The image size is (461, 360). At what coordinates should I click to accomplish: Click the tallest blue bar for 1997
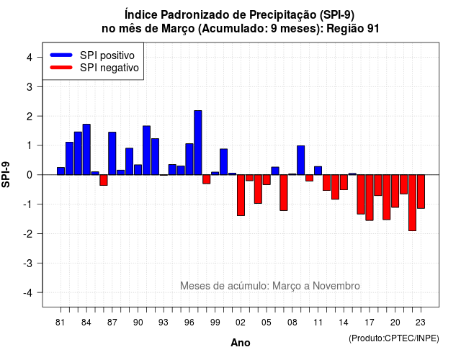click(x=198, y=143)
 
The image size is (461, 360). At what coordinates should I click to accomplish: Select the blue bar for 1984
click(x=86, y=150)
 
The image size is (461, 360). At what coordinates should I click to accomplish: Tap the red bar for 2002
click(x=241, y=195)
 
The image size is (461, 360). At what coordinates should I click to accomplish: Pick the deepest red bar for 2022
click(x=412, y=203)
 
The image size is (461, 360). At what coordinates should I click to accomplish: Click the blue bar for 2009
click(x=301, y=160)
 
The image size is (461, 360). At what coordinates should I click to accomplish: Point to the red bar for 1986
click(x=104, y=180)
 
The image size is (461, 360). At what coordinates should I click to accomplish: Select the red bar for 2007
click(x=284, y=193)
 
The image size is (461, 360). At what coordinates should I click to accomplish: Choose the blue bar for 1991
click(x=146, y=150)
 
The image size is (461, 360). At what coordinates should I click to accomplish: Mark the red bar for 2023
click(x=421, y=192)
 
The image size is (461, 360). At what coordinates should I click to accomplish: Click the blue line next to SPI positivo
click(x=61, y=55)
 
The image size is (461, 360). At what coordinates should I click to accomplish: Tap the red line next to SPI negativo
click(x=61, y=67)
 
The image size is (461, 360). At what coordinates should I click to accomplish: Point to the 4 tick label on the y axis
click(x=30, y=58)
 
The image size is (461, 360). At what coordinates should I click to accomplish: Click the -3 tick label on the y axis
click(x=28, y=264)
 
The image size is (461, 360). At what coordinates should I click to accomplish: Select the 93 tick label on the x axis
click(x=164, y=323)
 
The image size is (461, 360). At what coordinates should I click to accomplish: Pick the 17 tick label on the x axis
click(x=370, y=323)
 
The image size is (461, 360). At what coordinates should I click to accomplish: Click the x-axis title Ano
click(x=241, y=343)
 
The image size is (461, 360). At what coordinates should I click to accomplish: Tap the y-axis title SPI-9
click(x=6, y=174)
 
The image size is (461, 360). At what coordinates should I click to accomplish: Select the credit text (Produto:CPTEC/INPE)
click(x=394, y=338)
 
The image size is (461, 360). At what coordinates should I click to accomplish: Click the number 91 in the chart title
click(x=373, y=29)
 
